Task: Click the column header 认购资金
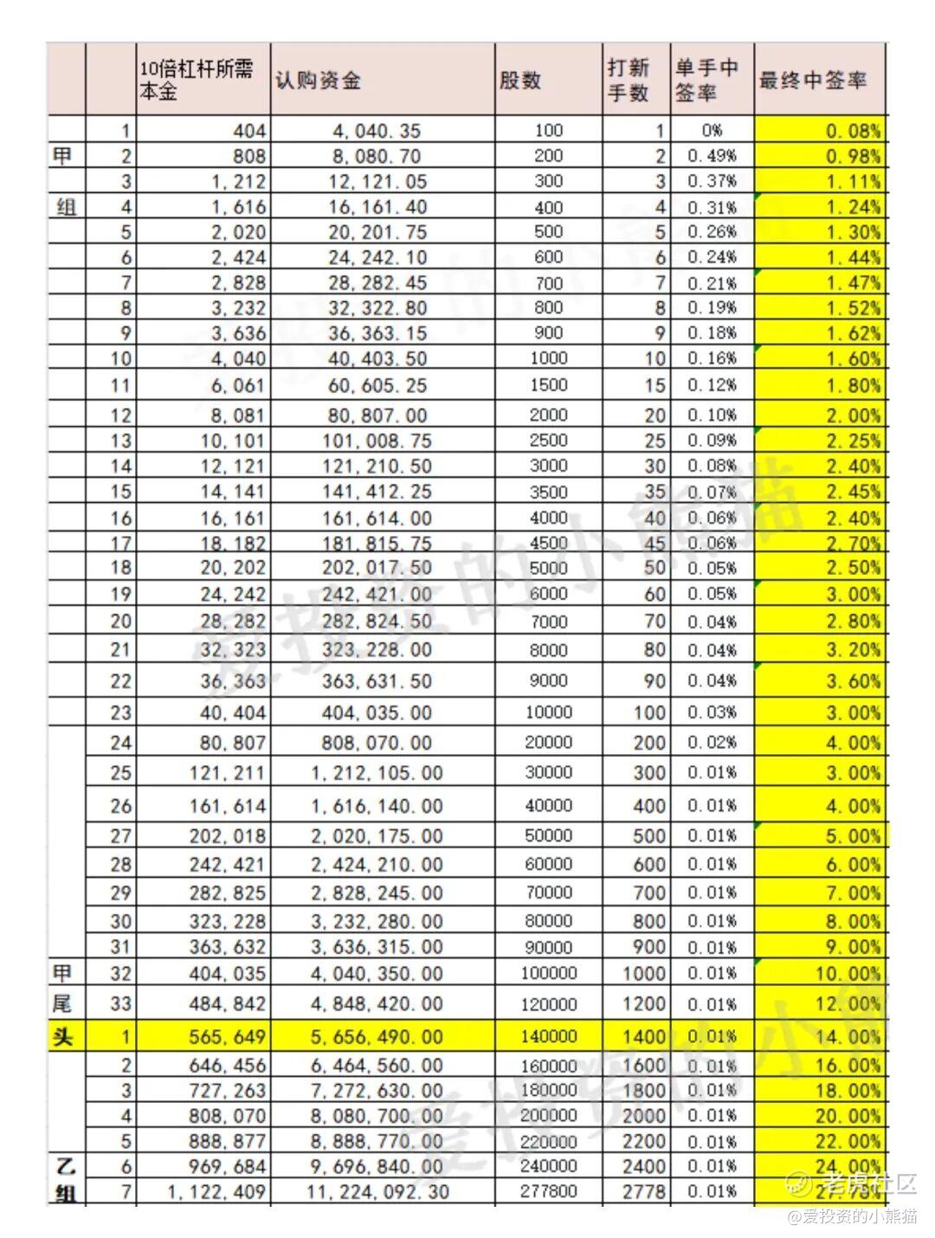click(319, 81)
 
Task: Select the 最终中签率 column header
click(812, 81)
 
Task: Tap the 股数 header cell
click(520, 81)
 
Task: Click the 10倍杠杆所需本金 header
click(197, 81)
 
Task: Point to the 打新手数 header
click(629, 81)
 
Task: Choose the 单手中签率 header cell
click(706, 81)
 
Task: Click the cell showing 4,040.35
click(376, 131)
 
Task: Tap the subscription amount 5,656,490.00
click(376, 1036)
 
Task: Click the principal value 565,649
click(228, 1036)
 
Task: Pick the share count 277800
click(548, 1191)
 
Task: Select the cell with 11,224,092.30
click(377, 1192)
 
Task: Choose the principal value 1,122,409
click(216, 1192)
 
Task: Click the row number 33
click(120, 1004)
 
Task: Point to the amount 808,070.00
click(376, 743)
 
